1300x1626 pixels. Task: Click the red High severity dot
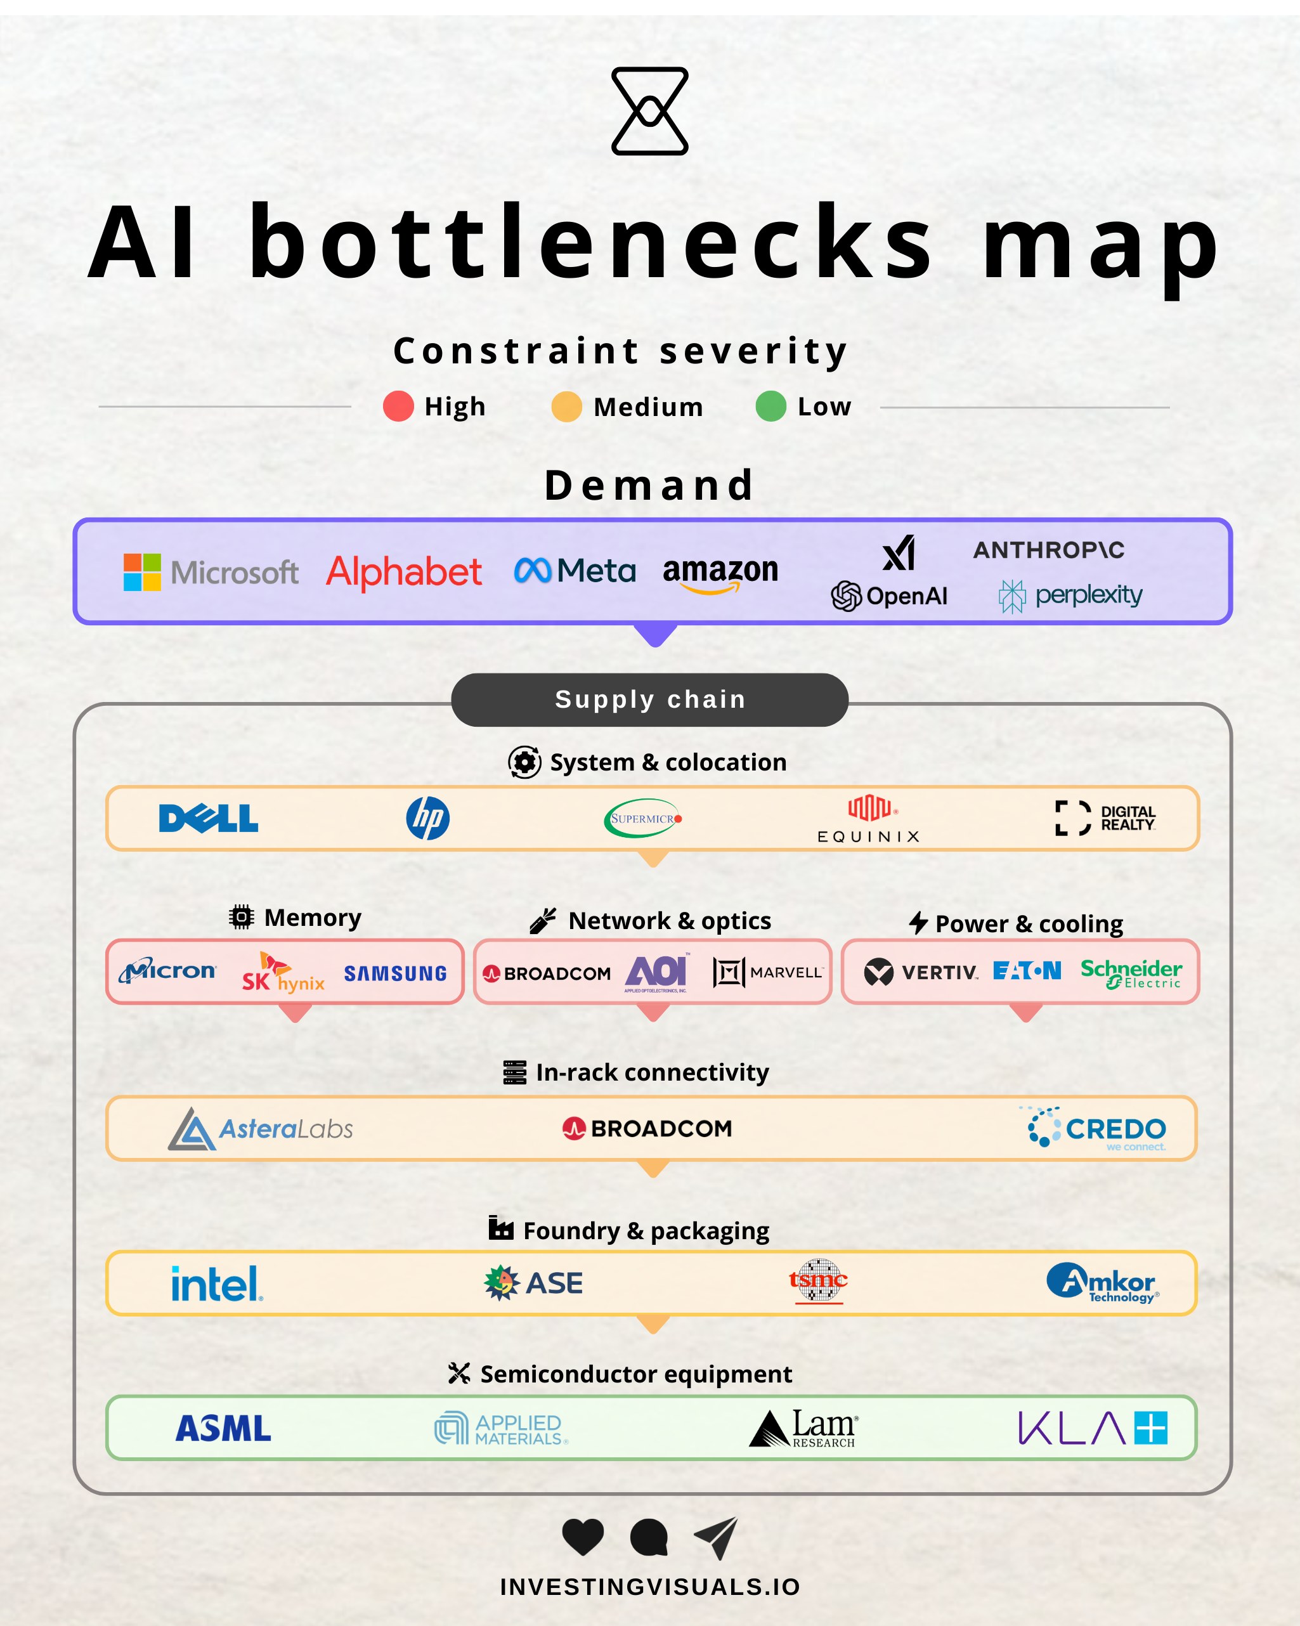click(398, 406)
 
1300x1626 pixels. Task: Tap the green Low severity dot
click(770, 406)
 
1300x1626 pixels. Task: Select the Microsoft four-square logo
click(142, 573)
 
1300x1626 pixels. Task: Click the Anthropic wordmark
click(1048, 550)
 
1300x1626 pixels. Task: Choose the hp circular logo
click(427, 818)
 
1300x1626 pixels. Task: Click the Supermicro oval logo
click(642, 818)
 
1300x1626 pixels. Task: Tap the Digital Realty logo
click(1105, 818)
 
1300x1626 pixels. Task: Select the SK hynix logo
click(282, 973)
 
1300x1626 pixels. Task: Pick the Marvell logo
click(767, 972)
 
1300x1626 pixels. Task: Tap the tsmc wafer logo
click(818, 1280)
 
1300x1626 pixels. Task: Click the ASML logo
click(223, 1428)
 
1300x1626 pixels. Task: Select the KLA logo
click(1092, 1428)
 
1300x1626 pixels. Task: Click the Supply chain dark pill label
click(649, 700)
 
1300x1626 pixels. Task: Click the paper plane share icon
click(717, 1537)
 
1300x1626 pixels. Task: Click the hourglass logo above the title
click(649, 112)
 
